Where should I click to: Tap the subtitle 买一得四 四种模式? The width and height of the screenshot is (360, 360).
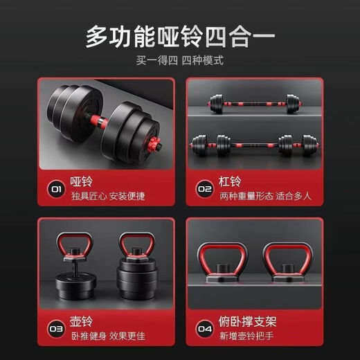click(180, 61)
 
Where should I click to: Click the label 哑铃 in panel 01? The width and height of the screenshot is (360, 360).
click(82, 182)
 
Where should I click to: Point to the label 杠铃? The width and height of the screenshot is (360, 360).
click(230, 182)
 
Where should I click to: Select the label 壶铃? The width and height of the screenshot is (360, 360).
click(82, 321)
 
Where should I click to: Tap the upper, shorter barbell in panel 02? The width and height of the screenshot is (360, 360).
click(253, 104)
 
